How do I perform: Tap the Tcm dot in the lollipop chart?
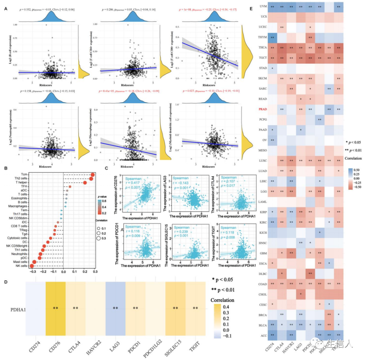click(x=92, y=175)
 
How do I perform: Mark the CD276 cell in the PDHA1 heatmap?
click(x=55, y=308)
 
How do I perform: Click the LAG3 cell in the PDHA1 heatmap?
click(x=115, y=308)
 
